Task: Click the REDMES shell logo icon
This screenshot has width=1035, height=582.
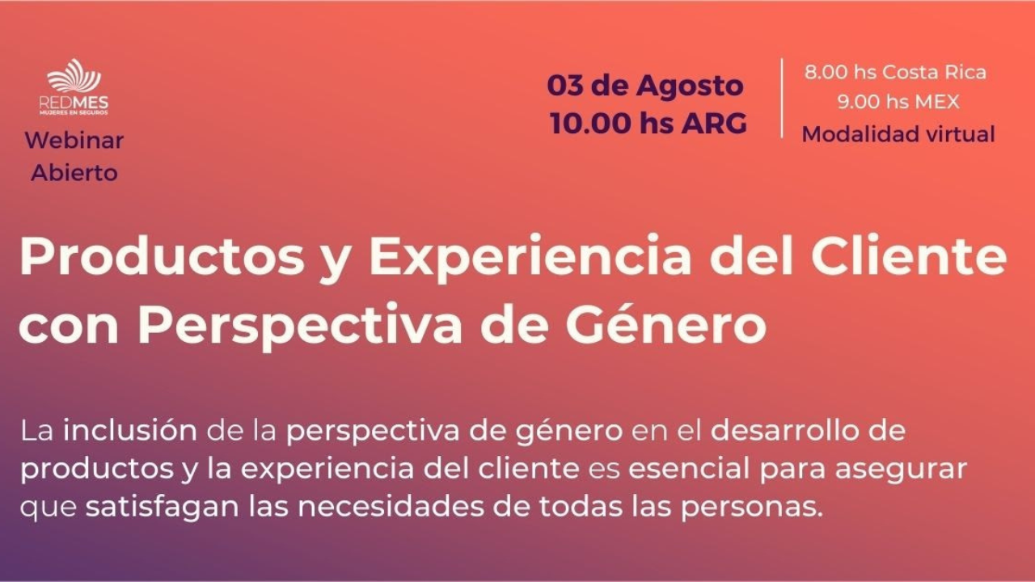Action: [x=74, y=76]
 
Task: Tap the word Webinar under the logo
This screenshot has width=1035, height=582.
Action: [x=74, y=140]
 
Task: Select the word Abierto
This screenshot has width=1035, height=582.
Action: [x=74, y=173]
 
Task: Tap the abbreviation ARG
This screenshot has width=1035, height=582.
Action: [x=714, y=124]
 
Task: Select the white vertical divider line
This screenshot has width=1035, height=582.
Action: [x=782, y=98]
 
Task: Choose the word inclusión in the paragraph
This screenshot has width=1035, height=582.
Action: [x=130, y=430]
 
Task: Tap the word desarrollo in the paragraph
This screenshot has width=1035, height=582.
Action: [x=775, y=430]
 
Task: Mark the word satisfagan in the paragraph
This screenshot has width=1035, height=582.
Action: [x=162, y=508]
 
